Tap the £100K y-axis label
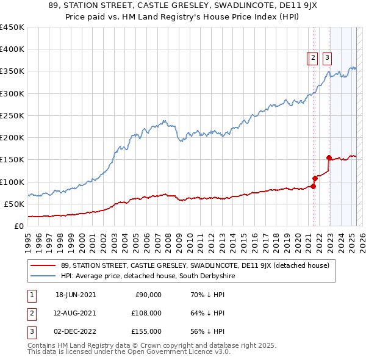click(12, 182)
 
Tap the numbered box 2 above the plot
click(313, 58)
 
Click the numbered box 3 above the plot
click(327, 58)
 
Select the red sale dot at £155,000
click(329, 157)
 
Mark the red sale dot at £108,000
click(315, 178)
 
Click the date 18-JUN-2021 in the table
click(76, 295)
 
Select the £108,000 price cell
click(146, 313)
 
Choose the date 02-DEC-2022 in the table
click(76, 331)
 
